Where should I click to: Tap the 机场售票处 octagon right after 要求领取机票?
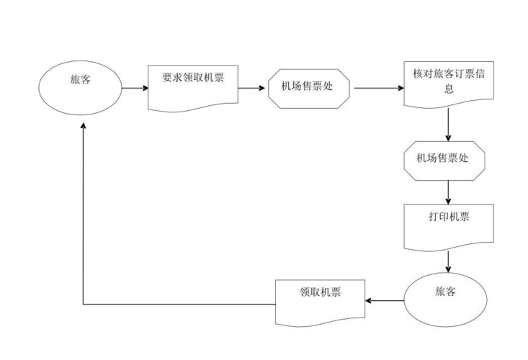309,89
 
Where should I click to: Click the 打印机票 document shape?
448,225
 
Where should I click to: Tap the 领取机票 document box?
321,300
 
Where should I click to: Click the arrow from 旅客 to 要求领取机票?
134,89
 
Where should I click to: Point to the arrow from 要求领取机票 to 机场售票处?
252,89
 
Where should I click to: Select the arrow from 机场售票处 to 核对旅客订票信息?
378,89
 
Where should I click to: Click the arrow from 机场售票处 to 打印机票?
448,191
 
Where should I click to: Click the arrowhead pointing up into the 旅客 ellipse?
84,126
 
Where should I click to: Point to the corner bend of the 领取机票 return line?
84,304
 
